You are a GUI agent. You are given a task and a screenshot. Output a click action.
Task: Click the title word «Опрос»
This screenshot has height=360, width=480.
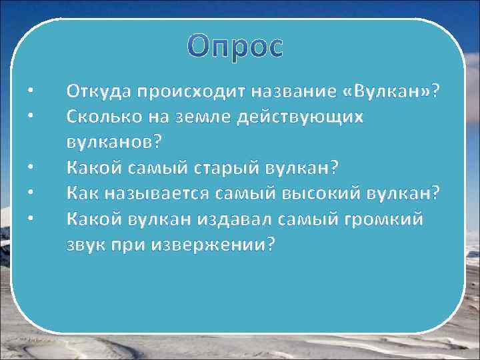[235, 47]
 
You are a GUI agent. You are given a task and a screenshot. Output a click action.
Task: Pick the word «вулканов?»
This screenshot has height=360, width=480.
[114, 141]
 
